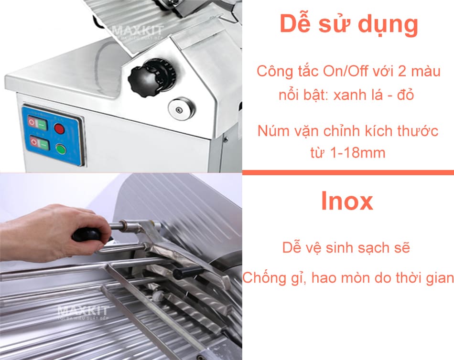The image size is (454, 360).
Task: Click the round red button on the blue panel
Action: (x=59, y=128)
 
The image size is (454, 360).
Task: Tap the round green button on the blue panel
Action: (x=61, y=149)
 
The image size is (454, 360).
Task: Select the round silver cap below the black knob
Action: (x=180, y=109)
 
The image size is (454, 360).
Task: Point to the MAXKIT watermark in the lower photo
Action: (x=83, y=312)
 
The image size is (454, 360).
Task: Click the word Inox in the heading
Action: (x=347, y=201)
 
